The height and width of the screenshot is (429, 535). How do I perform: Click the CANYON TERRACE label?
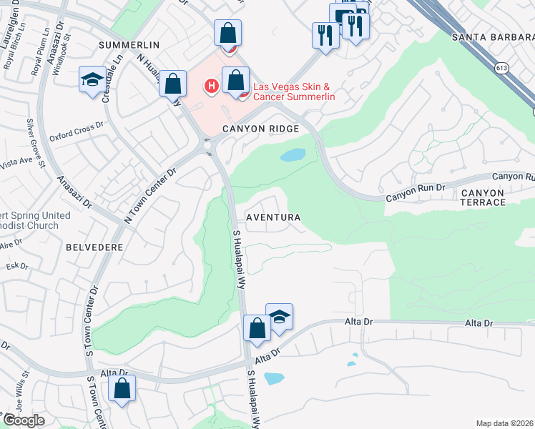(x=493, y=197)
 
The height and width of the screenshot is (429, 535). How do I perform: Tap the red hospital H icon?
(x=211, y=87)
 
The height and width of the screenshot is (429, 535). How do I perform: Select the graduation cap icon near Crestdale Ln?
(x=92, y=80)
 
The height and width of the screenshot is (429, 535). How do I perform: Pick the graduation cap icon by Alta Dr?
(x=280, y=317)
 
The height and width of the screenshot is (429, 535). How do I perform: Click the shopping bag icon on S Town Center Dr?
(x=122, y=390)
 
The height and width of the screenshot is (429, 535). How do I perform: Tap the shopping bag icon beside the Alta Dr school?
(x=257, y=328)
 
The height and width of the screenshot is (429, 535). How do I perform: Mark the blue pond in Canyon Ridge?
(x=293, y=155)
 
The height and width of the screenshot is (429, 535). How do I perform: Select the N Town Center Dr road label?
(x=151, y=196)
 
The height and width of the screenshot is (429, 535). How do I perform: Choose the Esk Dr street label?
(x=17, y=267)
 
